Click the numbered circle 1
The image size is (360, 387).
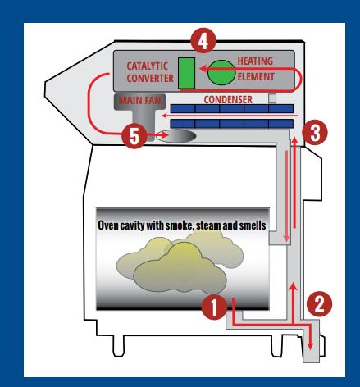click(x=214, y=307)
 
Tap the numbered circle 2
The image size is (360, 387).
click(x=319, y=304)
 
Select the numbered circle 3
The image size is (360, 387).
click(x=315, y=133)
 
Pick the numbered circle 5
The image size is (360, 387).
click(x=134, y=136)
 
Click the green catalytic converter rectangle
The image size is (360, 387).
click(x=187, y=73)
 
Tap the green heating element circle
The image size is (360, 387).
click(x=221, y=72)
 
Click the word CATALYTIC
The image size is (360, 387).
click(x=147, y=66)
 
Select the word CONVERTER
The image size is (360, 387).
click(x=150, y=78)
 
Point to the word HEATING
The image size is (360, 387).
click(x=255, y=61)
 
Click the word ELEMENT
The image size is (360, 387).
click(x=256, y=77)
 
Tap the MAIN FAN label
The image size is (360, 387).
click(x=140, y=101)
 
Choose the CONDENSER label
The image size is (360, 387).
click(x=228, y=99)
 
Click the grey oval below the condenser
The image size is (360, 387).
click(x=176, y=136)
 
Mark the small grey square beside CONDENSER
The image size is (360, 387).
click(x=272, y=98)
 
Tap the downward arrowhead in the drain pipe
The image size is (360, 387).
click(x=310, y=346)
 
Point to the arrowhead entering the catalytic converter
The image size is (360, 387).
click(x=203, y=68)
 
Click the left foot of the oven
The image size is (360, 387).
click(x=118, y=346)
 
